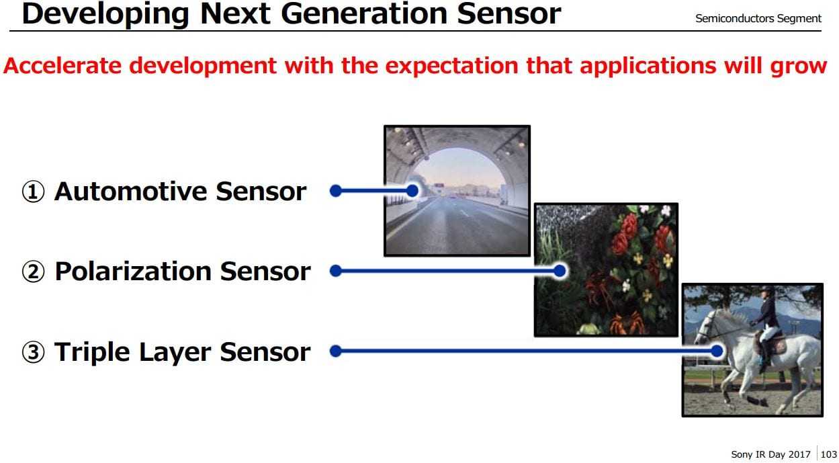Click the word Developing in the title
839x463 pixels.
click(105, 15)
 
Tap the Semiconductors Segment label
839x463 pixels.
click(758, 18)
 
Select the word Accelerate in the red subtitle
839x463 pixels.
click(62, 66)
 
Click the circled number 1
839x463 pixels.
click(33, 192)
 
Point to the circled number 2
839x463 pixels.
click(33, 271)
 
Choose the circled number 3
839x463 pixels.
click(33, 353)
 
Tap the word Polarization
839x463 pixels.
click(133, 271)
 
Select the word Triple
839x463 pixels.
click(92, 353)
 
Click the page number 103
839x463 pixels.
click(828, 454)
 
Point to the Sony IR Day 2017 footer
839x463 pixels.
click(770, 454)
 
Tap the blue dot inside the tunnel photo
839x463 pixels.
click(412, 191)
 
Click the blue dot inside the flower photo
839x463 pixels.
click(560, 270)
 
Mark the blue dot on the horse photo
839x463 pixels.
click(717, 351)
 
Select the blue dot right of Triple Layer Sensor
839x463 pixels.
click(336, 351)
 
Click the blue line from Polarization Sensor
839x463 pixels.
click(447, 270)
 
